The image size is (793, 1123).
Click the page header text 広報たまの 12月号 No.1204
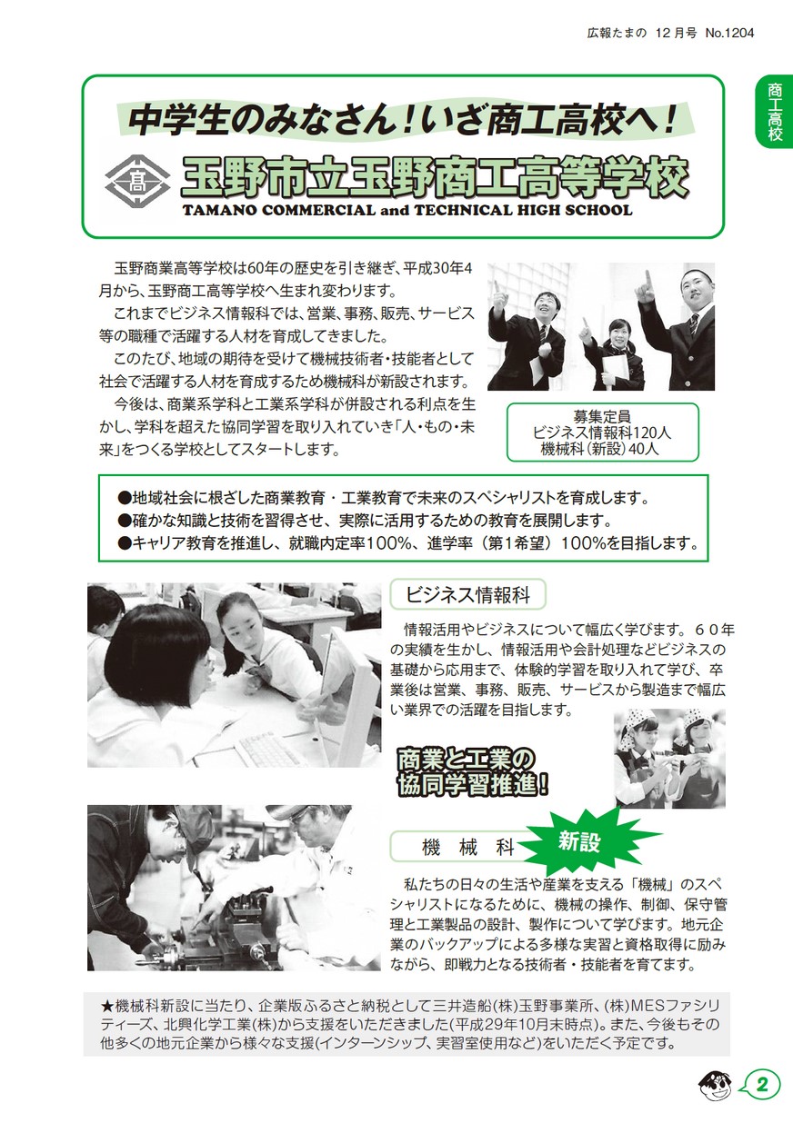tap(670, 33)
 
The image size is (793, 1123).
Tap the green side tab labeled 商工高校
tap(774, 113)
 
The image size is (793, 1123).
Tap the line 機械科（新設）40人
tap(602, 448)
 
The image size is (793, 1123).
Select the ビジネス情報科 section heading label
tap(467, 596)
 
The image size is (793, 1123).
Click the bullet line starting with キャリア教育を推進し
tap(407, 543)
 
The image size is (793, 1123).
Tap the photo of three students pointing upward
tap(601, 326)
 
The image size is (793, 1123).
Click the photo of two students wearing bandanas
tap(669, 758)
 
